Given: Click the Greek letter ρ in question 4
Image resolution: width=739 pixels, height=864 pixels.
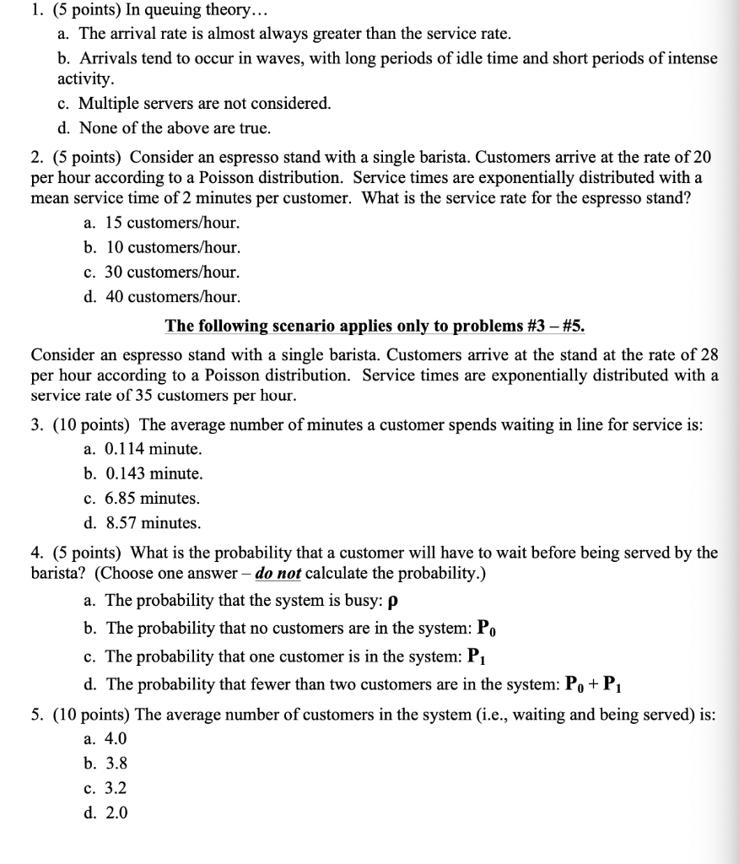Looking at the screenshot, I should (x=391, y=602).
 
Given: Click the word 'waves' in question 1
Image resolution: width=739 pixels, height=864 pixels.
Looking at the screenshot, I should (x=249, y=59).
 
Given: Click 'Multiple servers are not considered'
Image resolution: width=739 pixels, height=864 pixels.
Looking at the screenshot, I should (x=204, y=104).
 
